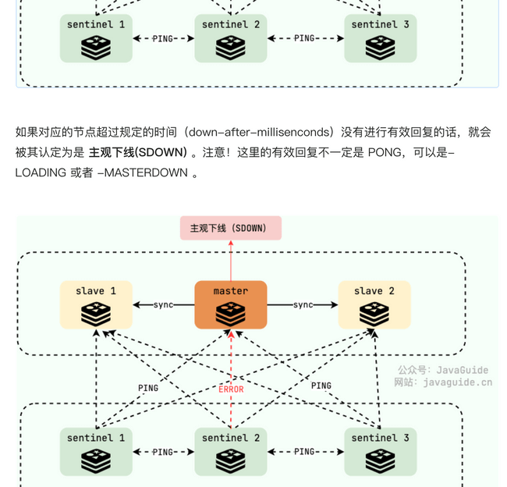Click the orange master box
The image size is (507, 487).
231,304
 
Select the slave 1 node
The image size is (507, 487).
96,304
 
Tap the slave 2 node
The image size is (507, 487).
374,304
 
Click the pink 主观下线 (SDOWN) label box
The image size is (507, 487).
230,228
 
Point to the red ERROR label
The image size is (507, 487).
231,389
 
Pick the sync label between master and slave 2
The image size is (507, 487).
303,304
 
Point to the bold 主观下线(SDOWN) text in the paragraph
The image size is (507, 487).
137,152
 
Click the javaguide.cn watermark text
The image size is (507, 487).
457,382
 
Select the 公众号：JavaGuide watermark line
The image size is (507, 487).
442,370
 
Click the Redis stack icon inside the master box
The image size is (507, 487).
231,314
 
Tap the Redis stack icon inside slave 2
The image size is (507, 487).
374,314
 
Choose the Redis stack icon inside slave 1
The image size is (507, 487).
96,314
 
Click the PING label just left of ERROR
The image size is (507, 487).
148,388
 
